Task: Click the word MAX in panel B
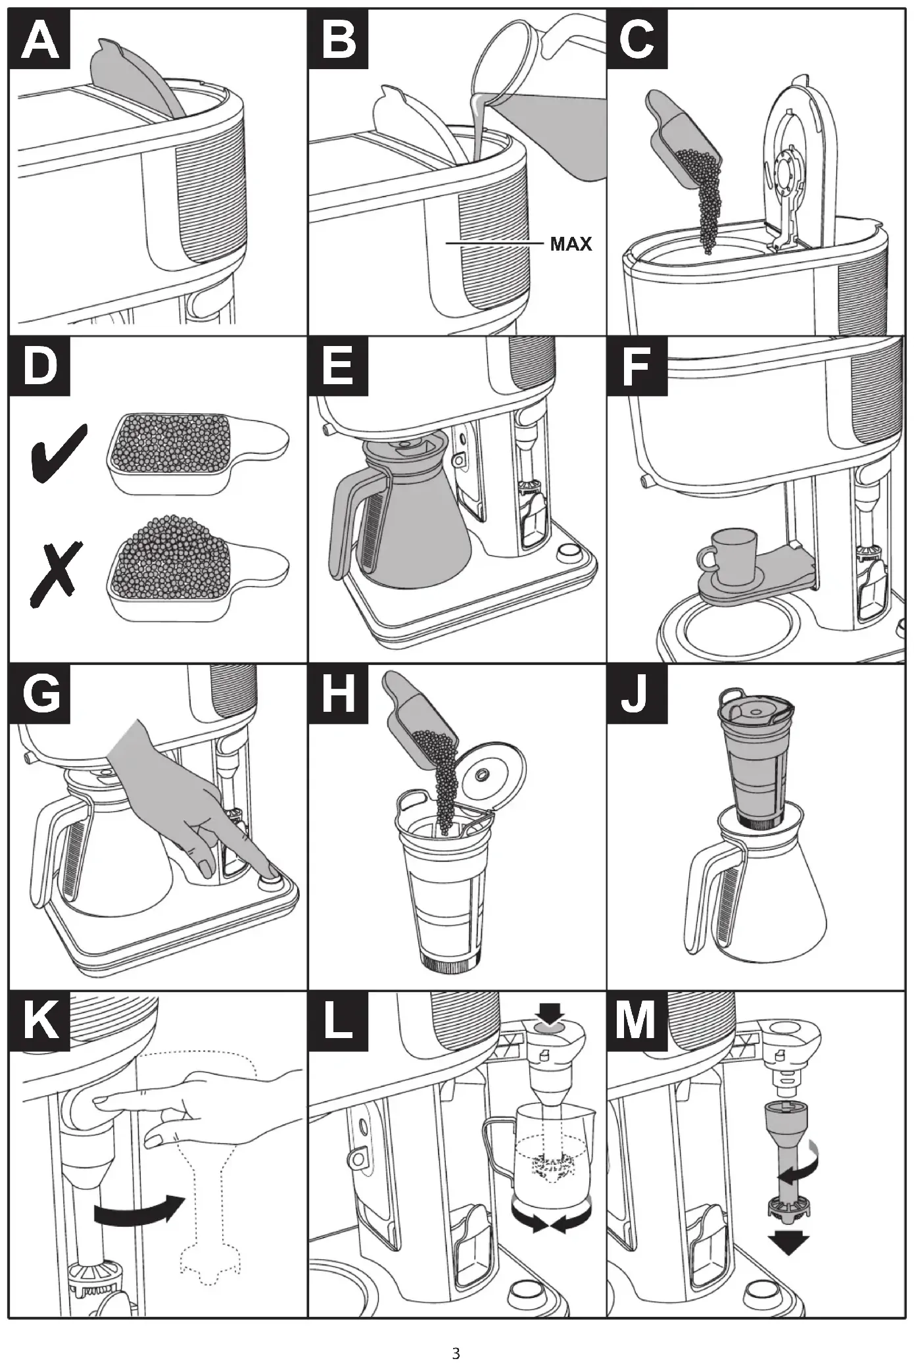tap(571, 245)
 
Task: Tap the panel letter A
tap(39, 40)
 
